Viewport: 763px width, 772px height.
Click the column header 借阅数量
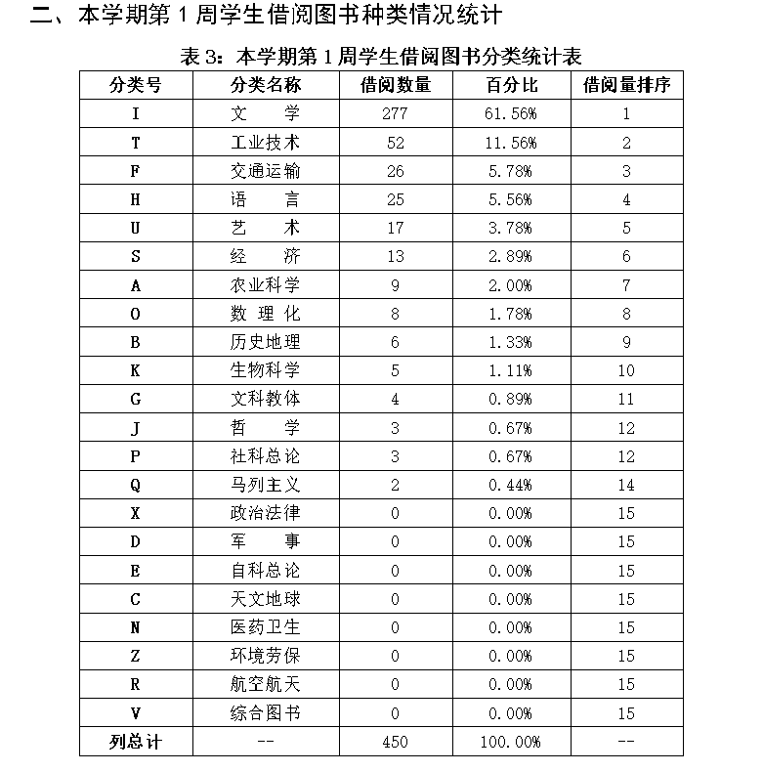point(395,85)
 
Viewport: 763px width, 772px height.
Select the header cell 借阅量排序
point(626,85)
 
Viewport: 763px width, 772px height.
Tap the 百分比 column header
point(512,85)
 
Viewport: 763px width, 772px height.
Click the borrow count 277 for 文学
point(395,114)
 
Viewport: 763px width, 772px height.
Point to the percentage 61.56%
point(511,114)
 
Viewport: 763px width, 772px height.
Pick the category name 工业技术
point(265,143)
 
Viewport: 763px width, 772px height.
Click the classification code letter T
point(136,143)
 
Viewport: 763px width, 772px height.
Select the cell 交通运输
point(265,171)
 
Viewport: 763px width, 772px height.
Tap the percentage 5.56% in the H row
point(511,200)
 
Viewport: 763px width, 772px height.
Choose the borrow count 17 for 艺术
point(395,229)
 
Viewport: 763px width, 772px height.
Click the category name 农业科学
point(265,285)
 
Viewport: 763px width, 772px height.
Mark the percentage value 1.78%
point(511,314)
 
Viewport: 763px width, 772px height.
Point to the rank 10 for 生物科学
point(626,370)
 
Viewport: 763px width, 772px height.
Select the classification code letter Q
point(136,485)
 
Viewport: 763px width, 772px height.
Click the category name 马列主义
point(265,485)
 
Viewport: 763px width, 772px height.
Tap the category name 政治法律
point(265,513)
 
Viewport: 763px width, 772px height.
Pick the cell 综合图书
point(265,713)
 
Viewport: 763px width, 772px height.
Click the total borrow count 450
point(395,742)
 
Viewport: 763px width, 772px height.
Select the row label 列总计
point(136,742)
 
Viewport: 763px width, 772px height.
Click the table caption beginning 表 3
point(382,56)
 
